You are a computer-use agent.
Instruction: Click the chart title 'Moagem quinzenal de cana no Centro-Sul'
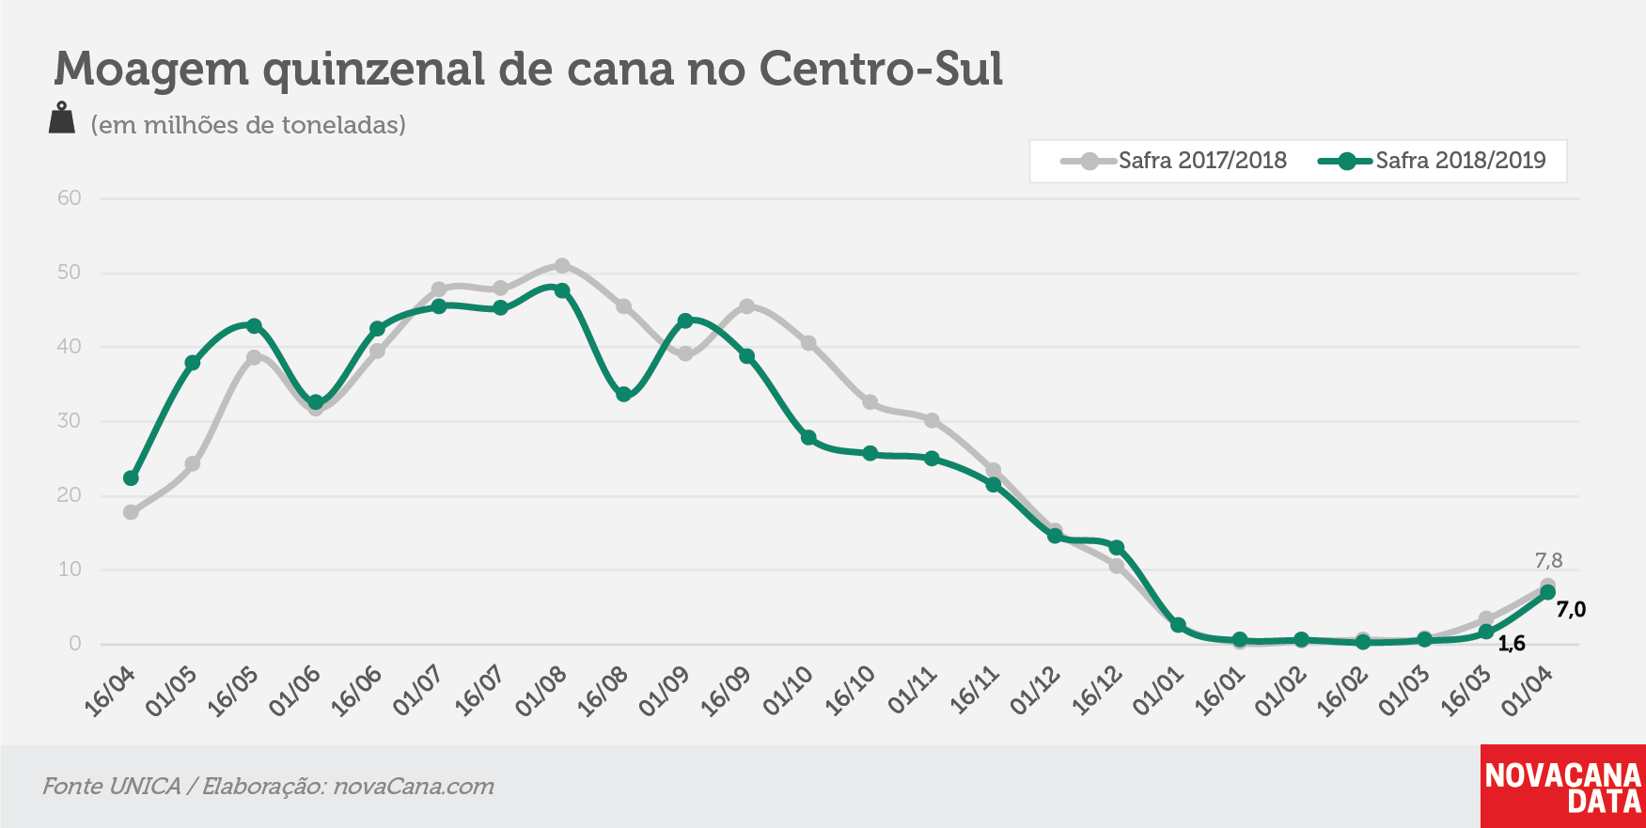(528, 70)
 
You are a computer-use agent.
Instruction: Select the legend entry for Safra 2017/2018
(1174, 161)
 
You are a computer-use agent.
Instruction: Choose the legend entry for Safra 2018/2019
(1432, 161)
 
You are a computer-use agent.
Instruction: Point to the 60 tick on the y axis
(70, 198)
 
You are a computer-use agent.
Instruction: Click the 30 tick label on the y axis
(70, 421)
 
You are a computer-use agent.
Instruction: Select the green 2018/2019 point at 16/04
(131, 478)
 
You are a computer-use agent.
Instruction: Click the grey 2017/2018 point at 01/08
(562, 266)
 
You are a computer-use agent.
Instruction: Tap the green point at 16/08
(623, 395)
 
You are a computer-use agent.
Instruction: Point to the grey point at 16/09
(746, 306)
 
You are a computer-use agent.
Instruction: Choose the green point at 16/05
(254, 326)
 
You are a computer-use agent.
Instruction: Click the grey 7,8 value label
(1548, 561)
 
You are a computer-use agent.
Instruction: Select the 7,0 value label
(1571, 610)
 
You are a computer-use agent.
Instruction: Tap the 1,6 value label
(1512, 644)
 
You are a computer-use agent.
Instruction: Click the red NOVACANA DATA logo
(1563, 787)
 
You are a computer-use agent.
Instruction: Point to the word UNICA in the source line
(145, 787)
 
